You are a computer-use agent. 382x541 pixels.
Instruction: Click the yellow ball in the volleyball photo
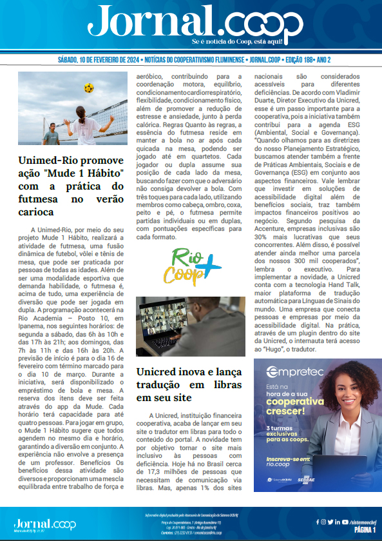[88, 87]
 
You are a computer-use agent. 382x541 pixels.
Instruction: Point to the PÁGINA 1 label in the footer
[365, 529]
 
